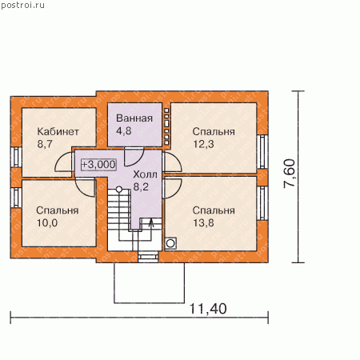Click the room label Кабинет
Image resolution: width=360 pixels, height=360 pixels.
(58, 131)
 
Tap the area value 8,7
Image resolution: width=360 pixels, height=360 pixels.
(45, 144)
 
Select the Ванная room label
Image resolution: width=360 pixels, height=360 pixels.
(134, 118)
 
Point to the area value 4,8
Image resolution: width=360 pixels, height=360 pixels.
(124, 130)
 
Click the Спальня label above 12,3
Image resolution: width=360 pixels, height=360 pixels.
(214, 131)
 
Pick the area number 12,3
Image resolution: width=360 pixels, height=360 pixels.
(203, 144)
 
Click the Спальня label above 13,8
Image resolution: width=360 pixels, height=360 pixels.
(214, 210)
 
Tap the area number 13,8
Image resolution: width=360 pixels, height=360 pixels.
(203, 223)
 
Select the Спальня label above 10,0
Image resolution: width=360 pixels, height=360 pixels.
(58, 210)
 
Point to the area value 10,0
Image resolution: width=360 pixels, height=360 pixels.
(47, 223)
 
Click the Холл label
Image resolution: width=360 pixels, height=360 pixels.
(145, 174)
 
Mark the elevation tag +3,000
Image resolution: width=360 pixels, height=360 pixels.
(98, 164)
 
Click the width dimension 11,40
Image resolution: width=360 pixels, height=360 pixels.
(208, 309)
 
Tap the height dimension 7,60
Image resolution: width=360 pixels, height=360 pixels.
(289, 174)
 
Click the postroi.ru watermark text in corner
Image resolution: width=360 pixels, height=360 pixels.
(22, 6)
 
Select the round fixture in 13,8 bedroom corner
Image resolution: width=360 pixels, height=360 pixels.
(170, 243)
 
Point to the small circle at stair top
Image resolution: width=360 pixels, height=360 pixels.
(119, 190)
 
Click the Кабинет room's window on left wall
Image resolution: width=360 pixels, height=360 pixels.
(17, 158)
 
